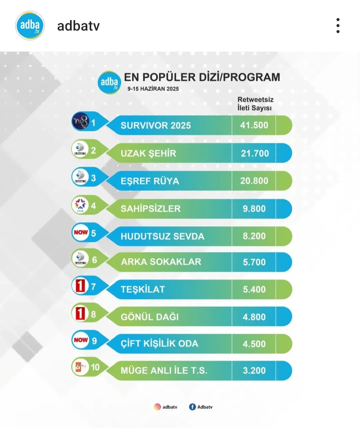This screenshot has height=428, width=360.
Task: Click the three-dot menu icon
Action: pyautogui.click(x=338, y=26)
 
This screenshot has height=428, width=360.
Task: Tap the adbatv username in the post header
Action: pyautogui.click(x=78, y=26)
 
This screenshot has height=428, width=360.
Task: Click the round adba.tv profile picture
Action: pyautogui.click(x=30, y=26)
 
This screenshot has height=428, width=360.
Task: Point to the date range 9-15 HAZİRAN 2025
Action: pyautogui.click(x=153, y=89)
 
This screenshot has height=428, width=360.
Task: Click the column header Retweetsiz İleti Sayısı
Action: pyautogui.click(x=255, y=104)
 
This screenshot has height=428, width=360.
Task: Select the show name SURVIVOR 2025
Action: pyautogui.click(x=156, y=125)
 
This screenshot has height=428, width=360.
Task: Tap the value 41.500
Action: pyautogui.click(x=254, y=125)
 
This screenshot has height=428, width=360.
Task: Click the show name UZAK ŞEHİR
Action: pyautogui.click(x=148, y=153)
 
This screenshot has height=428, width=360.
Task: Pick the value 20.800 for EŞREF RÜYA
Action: pyautogui.click(x=254, y=181)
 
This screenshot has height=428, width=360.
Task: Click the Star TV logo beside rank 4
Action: pyautogui.click(x=80, y=205)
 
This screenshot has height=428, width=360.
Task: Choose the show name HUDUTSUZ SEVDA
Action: pyautogui.click(x=162, y=236)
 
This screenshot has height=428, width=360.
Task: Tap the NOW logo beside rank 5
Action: pyautogui.click(x=81, y=233)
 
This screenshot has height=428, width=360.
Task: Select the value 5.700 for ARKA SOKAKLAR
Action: pyautogui.click(x=254, y=262)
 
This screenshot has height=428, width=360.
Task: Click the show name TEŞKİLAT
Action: pyautogui.click(x=143, y=289)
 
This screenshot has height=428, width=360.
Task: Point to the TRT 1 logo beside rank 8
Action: pyautogui.click(x=80, y=314)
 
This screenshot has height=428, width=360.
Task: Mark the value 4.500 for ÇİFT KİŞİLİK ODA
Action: pyautogui.click(x=254, y=344)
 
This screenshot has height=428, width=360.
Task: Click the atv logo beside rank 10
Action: pyautogui.click(x=80, y=367)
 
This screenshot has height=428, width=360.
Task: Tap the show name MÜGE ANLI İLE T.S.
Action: pyautogui.click(x=164, y=370)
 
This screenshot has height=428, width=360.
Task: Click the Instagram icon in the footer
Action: pyautogui.click(x=157, y=407)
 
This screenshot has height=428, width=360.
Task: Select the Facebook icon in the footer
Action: pyautogui.click(x=192, y=407)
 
